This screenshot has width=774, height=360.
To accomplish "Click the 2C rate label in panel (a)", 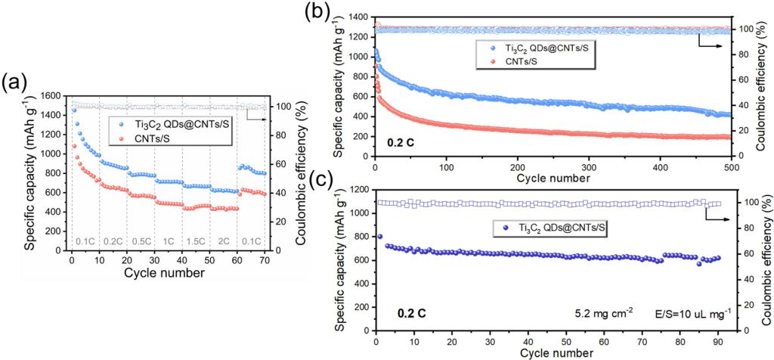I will [224, 241].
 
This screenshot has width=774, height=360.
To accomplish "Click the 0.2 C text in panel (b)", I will [398, 141].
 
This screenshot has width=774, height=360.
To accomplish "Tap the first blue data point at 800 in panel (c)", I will [379, 237].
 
